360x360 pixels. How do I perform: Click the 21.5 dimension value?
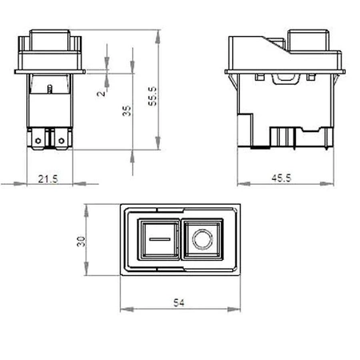click(47, 179)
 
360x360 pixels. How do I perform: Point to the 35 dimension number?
click(126, 111)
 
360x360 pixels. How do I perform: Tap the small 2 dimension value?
click(101, 93)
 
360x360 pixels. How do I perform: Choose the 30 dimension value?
click(81, 241)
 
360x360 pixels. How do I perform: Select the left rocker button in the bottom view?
click(162, 239)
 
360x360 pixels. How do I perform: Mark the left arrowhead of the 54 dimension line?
click(122, 308)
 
